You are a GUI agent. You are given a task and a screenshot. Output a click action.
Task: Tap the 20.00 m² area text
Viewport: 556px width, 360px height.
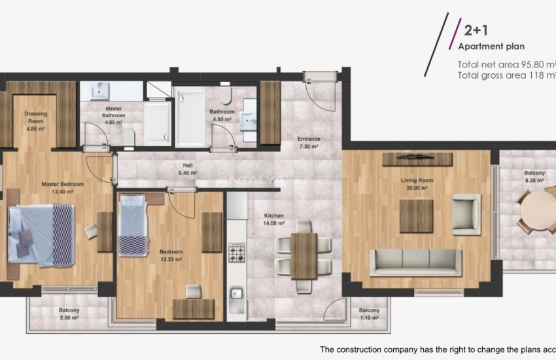coord(415,187)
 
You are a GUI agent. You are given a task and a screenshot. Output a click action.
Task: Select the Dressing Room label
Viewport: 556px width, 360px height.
coord(36,117)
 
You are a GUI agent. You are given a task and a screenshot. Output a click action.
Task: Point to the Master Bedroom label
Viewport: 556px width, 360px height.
coord(62,184)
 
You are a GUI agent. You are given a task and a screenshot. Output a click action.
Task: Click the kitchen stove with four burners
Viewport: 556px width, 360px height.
coord(235,253)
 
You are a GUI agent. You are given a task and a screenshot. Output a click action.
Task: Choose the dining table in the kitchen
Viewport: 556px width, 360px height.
coord(304,255)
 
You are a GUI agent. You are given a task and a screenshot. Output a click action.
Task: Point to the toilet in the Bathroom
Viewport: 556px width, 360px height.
coord(226,98)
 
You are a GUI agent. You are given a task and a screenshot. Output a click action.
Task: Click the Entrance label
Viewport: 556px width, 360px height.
coord(309,139)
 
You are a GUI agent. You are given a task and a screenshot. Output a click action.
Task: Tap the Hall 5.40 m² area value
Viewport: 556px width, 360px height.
coord(188,173)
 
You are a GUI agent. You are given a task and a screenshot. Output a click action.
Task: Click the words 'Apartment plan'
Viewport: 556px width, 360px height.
coord(491,46)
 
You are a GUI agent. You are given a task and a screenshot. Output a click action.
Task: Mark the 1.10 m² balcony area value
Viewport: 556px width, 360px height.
coord(369,317)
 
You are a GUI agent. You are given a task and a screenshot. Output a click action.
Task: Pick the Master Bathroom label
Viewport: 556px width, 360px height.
coord(114,112)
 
